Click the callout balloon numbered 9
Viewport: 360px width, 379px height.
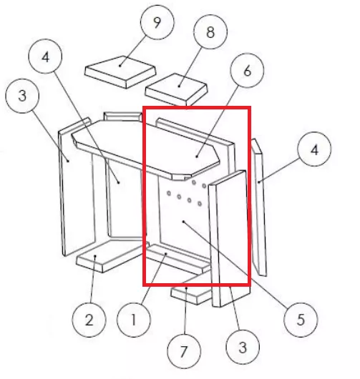[x=157, y=22]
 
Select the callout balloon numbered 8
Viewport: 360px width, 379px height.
[x=210, y=32]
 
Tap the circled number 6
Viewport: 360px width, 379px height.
[x=247, y=71]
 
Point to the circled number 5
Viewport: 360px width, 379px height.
[x=301, y=320]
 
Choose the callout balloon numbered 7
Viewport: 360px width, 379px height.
[x=184, y=351]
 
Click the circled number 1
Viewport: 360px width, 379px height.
[x=133, y=320]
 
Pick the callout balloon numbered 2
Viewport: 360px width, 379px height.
[x=89, y=320]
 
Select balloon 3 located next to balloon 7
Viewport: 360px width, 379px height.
[x=243, y=347]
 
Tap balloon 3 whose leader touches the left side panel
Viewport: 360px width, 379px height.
[x=22, y=96]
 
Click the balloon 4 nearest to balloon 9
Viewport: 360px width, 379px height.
[x=45, y=56]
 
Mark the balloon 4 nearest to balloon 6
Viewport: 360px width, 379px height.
[x=314, y=149]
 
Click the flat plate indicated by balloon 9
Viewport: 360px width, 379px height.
[x=120, y=72]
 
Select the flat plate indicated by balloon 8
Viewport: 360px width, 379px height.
[x=177, y=89]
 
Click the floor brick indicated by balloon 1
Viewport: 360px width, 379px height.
[x=177, y=259]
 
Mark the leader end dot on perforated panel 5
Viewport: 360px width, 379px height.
[x=184, y=221]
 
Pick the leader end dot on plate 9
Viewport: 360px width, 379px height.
[x=120, y=66]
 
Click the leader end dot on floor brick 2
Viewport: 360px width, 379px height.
[x=95, y=256]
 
